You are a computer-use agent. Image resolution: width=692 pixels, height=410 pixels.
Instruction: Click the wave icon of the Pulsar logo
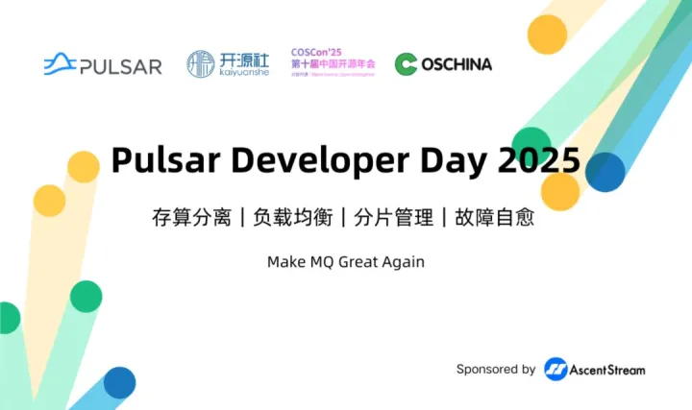tap(60, 64)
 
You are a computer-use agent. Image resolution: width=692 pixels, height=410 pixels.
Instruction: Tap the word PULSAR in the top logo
tap(120, 66)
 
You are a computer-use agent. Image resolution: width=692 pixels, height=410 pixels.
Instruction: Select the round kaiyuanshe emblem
tap(200, 64)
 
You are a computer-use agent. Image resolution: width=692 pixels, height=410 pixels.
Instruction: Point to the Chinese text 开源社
tap(244, 59)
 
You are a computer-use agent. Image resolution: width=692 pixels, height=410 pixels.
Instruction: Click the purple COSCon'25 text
tap(317, 51)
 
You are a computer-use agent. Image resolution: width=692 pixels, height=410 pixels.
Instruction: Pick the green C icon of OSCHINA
tap(406, 64)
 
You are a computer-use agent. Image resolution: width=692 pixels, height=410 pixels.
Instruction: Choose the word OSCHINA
tap(456, 64)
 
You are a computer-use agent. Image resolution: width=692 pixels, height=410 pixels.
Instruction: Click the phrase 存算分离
tap(191, 217)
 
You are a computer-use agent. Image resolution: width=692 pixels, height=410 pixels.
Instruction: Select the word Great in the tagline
tap(363, 261)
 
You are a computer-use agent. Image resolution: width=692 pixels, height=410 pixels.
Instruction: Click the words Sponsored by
tap(495, 369)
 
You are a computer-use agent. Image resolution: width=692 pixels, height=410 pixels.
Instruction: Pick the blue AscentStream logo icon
tap(556, 369)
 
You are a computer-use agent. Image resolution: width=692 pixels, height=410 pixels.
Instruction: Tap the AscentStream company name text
tap(607, 370)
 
